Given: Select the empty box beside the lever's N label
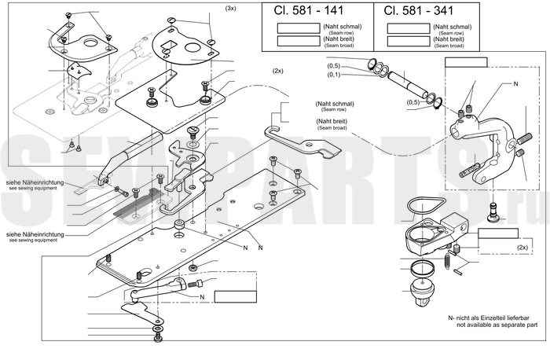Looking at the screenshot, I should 235,296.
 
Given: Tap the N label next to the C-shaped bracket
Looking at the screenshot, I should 516,83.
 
